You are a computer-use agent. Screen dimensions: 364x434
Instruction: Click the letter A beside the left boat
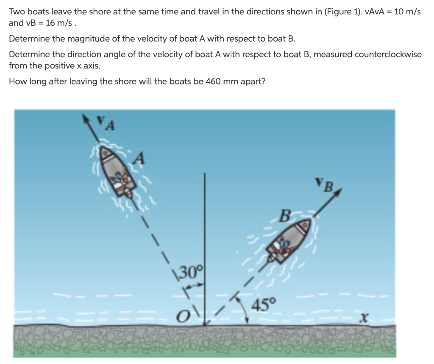140,159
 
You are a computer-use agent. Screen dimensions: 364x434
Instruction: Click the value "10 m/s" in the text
407,12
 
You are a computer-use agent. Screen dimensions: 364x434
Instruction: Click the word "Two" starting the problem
16,12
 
